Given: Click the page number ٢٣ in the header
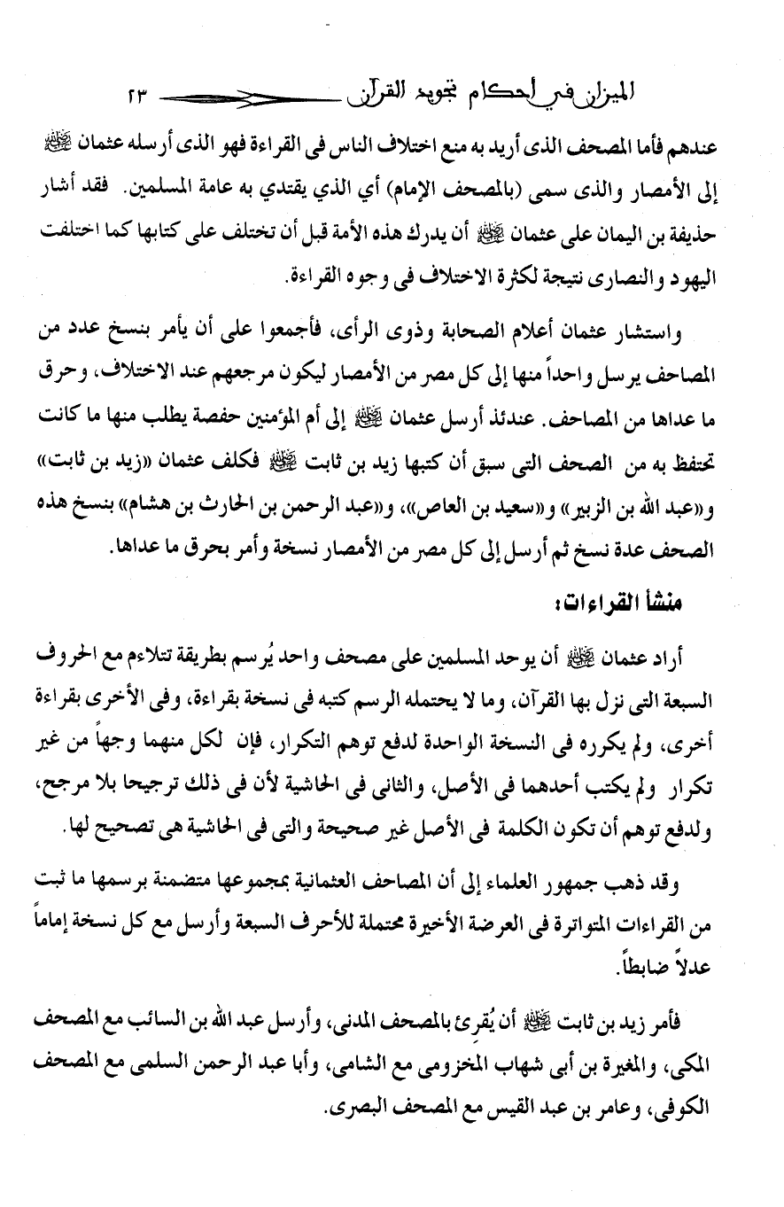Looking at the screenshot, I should click(x=139, y=92).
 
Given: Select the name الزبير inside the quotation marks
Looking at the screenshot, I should click(x=597, y=484).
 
